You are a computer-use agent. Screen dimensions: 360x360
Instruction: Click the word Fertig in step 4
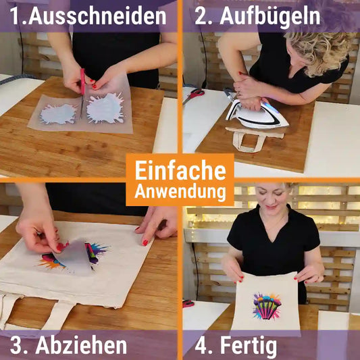(248, 345)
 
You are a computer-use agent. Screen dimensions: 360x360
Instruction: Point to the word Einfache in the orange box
(180, 169)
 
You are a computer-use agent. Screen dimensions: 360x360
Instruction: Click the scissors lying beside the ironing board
(193, 95)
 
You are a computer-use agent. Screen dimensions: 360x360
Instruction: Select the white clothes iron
(256, 114)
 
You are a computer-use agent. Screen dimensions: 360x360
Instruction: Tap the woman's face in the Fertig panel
(268, 203)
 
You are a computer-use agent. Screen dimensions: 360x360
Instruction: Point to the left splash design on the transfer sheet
(57, 113)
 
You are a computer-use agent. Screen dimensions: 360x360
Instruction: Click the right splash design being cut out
(105, 108)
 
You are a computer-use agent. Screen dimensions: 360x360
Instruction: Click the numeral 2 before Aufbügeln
(201, 16)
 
